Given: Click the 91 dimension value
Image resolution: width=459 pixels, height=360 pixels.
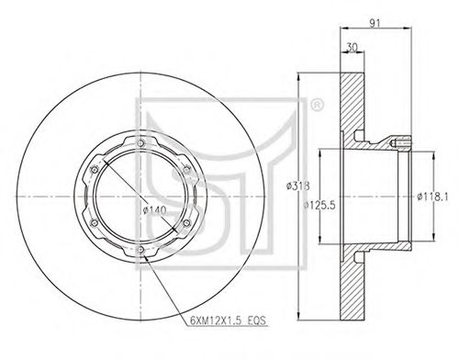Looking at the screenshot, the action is coord(375,23).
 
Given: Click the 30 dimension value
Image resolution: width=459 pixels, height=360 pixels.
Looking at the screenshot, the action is coord(352,47).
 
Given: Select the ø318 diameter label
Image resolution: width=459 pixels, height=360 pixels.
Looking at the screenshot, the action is coord(298,186).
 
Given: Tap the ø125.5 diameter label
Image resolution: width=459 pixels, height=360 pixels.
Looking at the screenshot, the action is coord(319,205).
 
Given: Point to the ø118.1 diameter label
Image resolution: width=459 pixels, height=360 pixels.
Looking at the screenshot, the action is coord(432,197).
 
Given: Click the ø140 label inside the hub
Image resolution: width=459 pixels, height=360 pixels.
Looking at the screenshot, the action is coord(154,210).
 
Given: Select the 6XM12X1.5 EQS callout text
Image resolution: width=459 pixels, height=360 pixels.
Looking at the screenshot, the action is coord(228,321).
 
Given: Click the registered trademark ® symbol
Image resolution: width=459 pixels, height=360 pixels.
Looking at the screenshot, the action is coord(317,105).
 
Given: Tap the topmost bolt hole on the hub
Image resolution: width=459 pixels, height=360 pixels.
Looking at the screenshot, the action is coord(140,143).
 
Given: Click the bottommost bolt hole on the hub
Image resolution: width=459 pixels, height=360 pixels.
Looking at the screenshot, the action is coord(140,250).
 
